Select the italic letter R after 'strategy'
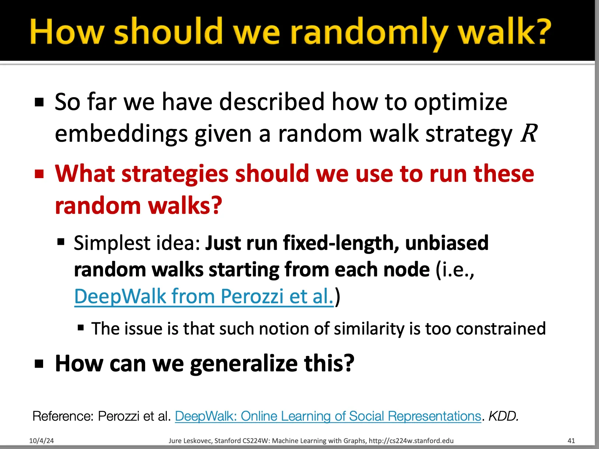click(x=529, y=133)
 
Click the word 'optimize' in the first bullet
click(x=460, y=102)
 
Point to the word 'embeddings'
click(x=121, y=134)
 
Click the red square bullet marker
click(x=39, y=174)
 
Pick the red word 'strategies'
click(x=175, y=174)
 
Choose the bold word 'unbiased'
click(x=447, y=243)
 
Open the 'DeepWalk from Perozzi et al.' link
click(x=204, y=296)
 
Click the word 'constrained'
click(x=501, y=328)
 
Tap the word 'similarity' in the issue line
click(x=369, y=329)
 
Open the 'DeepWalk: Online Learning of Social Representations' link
click(x=328, y=416)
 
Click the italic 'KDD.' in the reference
click(x=503, y=416)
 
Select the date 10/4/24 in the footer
click(x=42, y=441)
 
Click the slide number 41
click(x=571, y=441)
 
